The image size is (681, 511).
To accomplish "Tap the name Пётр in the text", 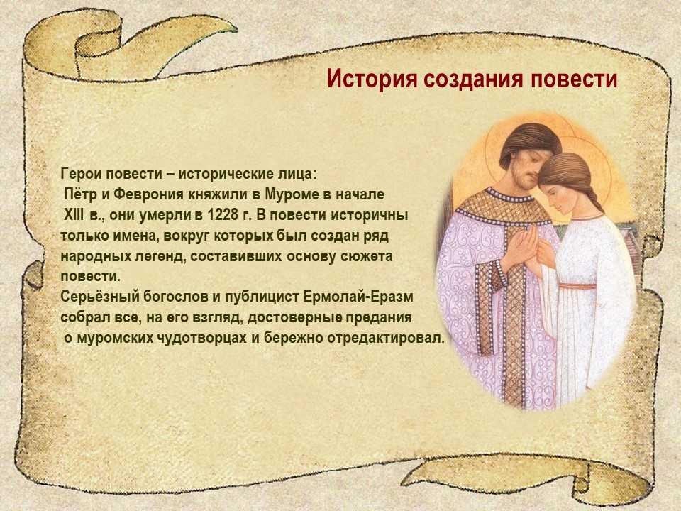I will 82,194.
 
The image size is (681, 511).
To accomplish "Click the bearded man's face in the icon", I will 519,163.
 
